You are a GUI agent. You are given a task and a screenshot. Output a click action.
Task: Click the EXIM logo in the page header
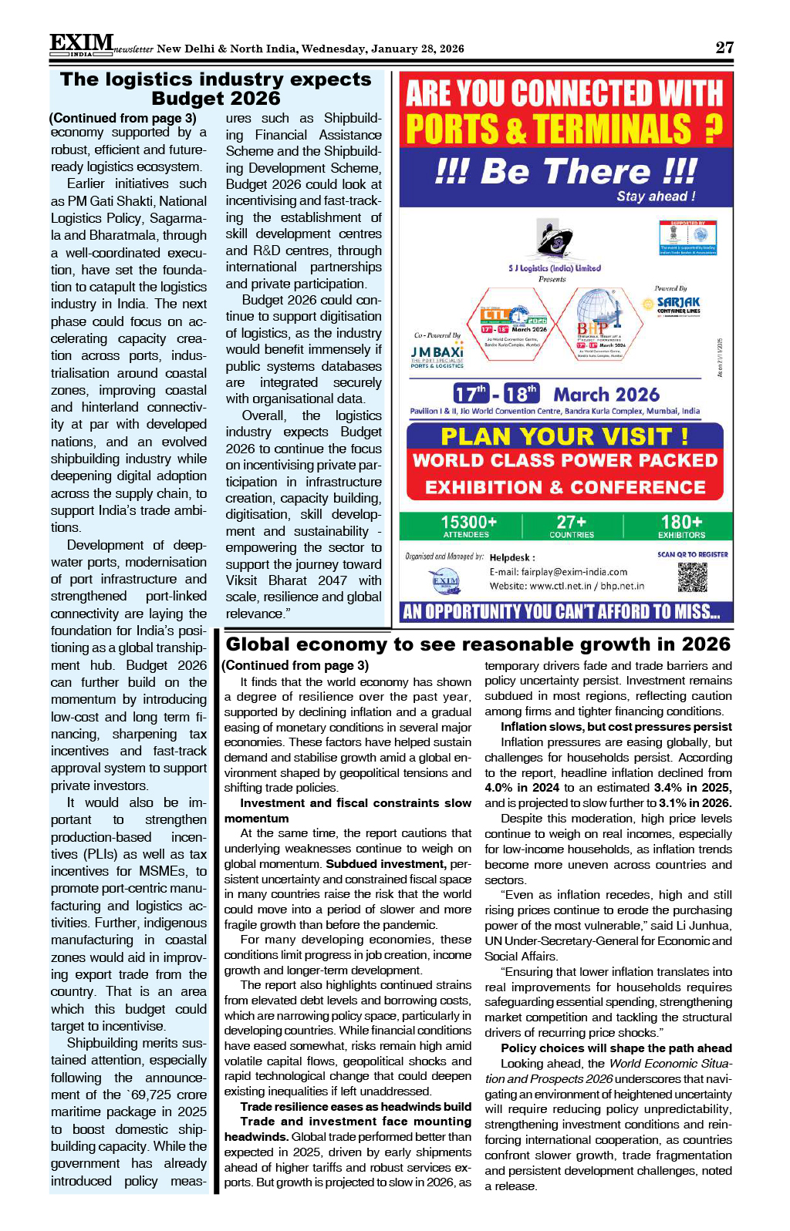(x=82, y=45)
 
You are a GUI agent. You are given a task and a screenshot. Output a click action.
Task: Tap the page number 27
(x=724, y=47)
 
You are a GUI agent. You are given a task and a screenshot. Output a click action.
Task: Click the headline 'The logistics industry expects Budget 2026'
(x=215, y=89)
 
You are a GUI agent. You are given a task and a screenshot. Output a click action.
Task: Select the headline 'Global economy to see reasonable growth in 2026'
(x=478, y=644)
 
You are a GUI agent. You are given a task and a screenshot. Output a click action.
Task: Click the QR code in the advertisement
(x=692, y=577)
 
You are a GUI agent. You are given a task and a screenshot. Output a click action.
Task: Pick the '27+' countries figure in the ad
(x=572, y=523)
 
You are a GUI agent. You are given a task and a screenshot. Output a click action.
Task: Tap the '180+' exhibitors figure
(x=681, y=523)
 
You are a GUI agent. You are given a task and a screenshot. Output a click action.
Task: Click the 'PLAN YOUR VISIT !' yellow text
(x=564, y=437)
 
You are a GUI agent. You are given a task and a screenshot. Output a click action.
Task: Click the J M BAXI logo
(x=437, y=353)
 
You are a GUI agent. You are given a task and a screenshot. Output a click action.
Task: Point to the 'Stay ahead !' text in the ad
(x=656, y=197)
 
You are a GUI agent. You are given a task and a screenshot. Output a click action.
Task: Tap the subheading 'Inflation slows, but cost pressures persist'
(x=616, y=726)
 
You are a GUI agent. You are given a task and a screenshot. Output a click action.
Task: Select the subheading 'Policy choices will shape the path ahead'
(x=616, y=1048)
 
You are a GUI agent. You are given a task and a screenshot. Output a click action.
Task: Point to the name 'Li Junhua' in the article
(x=701, y=925)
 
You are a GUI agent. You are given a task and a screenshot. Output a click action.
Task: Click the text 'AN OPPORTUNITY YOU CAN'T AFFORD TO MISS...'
(x=561, y=612)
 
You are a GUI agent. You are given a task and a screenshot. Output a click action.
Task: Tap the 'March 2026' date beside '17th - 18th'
(x=606, y=395)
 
